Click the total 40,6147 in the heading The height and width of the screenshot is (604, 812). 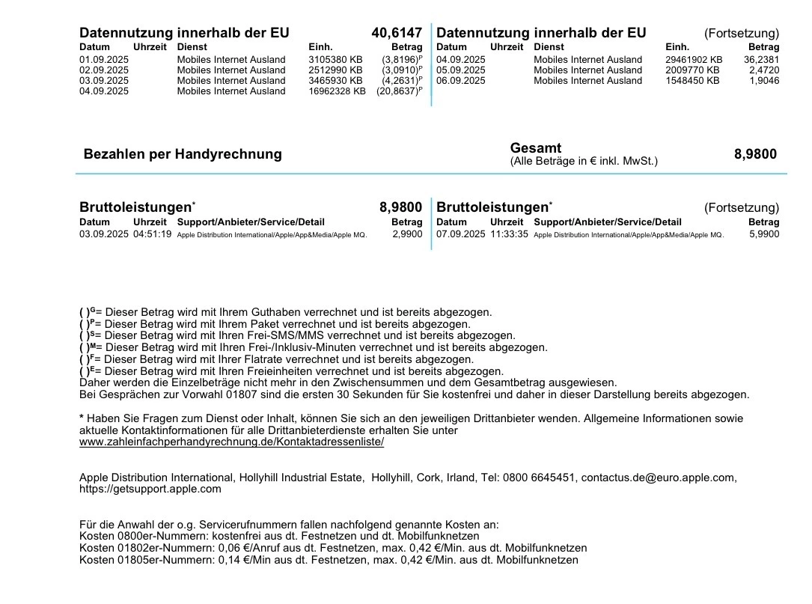pyautogui.click(x=396, y=33)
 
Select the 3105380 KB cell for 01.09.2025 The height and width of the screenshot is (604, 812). pyautogui.click(x=335, y=59)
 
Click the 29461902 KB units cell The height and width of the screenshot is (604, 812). pyautogui.click(x=694, y=59)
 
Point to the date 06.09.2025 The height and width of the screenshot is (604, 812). pyautogui.click(x=461, y=80)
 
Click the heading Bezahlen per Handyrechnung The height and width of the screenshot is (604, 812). pyautogui.click(x=183, y=154)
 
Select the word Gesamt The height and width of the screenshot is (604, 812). pyautogui.click(x=536, y=148)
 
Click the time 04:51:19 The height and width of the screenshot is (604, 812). pyautogui.click(x=153, y=234)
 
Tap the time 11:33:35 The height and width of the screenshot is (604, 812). pyautogui.click(x=510, y=234)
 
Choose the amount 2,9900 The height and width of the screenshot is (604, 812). pyautogui.click(x=406, y=234)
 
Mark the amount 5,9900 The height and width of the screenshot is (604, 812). pyautogui.click(x=763, y=234)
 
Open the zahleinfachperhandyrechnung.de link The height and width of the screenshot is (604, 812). pyautogui.click(x=232, y=442)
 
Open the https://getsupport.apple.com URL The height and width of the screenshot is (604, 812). pyautogui.click(x=150, y=489)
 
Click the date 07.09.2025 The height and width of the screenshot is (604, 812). pyautogui.click(x=461, y=234)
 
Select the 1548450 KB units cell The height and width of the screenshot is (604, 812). pyautogui.click(x=692, y=80)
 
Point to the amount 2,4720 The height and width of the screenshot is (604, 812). pyautogui.click(x=763, y=70)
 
